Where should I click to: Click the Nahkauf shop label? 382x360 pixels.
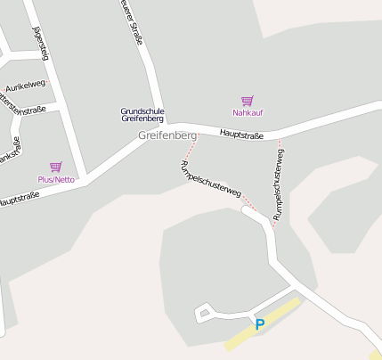(248, 113)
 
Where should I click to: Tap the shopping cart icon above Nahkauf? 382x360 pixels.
(248, 101)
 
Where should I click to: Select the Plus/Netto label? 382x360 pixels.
(55, 179)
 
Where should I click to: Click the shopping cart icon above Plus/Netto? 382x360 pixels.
(55, 167)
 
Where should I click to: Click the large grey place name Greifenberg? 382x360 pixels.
(167, 135)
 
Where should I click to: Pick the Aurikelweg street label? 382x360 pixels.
(24, 86)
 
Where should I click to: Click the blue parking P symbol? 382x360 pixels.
(260, 325)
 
